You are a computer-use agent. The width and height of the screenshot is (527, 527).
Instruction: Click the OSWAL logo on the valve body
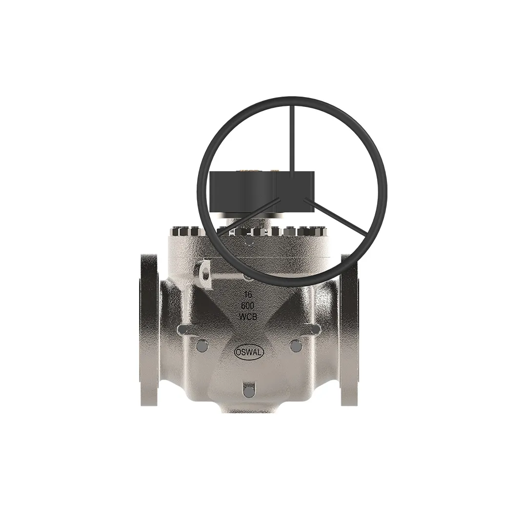[x=249, y=352]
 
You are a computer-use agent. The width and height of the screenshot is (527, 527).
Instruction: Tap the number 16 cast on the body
[x=248, y=295]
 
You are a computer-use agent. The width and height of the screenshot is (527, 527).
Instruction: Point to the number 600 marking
[x=248, y=305]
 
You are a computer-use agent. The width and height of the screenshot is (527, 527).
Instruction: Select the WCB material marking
[x=248, y=316]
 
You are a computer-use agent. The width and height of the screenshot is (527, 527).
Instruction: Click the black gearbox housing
[x=262, y=193]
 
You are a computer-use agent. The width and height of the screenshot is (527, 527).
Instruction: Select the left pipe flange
[x=148, y=329]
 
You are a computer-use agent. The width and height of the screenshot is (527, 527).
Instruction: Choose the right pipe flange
[x=349, y=329]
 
